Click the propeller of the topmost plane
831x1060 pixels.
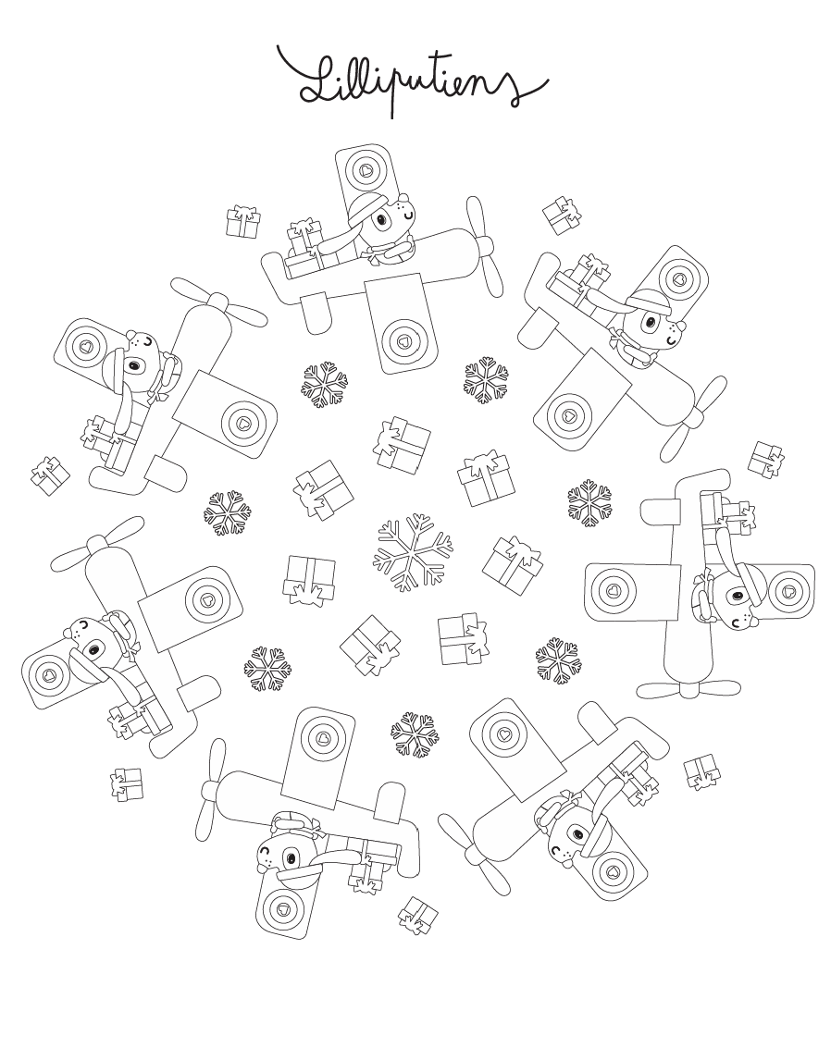(x=484, y=247)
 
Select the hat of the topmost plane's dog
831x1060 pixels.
(x=366, y=207)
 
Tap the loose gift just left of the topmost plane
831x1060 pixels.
(x=242, y=222)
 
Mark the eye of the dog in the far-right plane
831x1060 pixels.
(x=735, y=596)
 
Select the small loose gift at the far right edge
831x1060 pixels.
(x=766, y=459)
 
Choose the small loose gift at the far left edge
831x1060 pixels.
(x=50, y=475)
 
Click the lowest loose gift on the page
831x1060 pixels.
(x=418, y=916)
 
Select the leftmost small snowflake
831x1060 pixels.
(x=228, y=513)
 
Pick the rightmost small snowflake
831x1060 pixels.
(x=589, y=503)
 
